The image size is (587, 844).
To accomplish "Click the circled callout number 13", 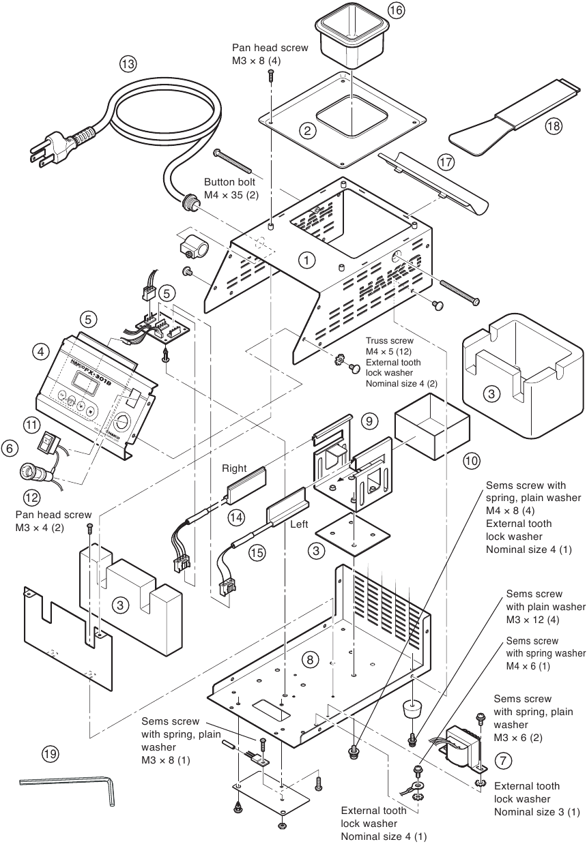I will (x=128, y=63).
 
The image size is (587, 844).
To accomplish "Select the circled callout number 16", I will (x=396, y=10).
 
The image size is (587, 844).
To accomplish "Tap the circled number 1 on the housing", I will (x=307, y=259).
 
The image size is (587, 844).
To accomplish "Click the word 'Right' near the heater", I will (x=233, y=468).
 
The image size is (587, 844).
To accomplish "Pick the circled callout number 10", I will (x=471, y=461).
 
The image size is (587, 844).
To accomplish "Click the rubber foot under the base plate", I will (x=412, y=709).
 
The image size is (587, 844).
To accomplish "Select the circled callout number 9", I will (x=368, y=421).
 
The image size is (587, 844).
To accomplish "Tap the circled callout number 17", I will (x=446, y=162).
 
